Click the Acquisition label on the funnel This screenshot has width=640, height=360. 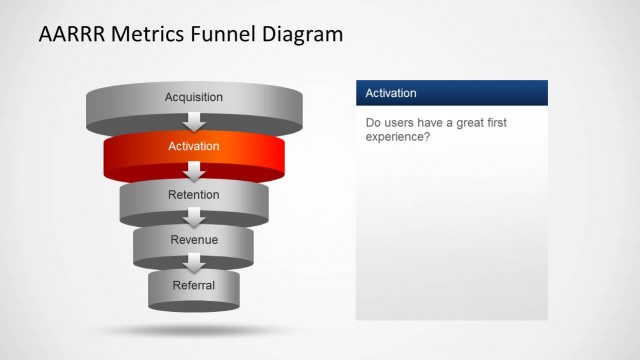(194, 97)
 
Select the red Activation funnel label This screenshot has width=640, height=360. (194, 147)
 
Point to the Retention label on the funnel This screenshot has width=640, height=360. (194, 195)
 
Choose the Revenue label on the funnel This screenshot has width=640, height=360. (194, 240)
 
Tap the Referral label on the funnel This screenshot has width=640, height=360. (194, 286)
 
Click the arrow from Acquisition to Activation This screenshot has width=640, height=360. (195, 123)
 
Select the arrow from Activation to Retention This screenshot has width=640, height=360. (195, 172)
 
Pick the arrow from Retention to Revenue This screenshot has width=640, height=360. (195, 218)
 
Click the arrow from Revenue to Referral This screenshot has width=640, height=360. (195, 264)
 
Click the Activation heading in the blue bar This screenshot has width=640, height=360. (391, 93)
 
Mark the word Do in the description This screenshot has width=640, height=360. (373, 123)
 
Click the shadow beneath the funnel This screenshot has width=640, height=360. (194, 329)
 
